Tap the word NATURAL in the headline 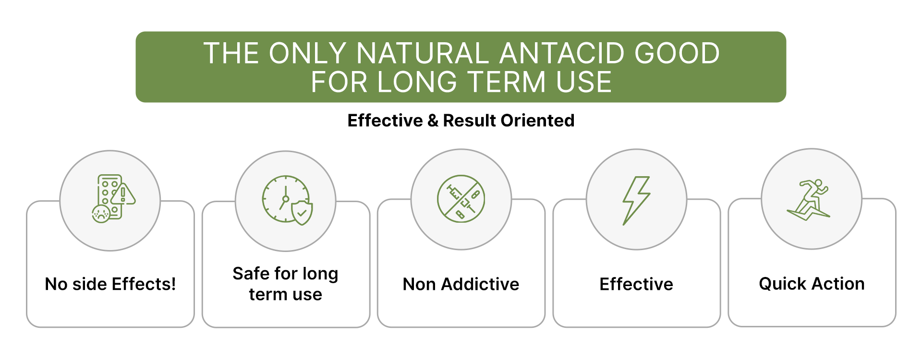(x=423, y=53)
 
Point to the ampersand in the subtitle (x=433, y=120)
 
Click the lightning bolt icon (x=636, y=201)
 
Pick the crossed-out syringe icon (x=461, y=199)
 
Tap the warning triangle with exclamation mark (x=123, y=194)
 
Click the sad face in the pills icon (x=101, y=214)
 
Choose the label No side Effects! (x=110, y=284)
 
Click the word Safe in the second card (x=251, y=274)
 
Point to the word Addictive (x=480, y=284)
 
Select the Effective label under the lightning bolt (x=636, y=284)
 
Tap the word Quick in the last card (x=783, y=284)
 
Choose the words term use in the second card (x=286, y=294)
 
